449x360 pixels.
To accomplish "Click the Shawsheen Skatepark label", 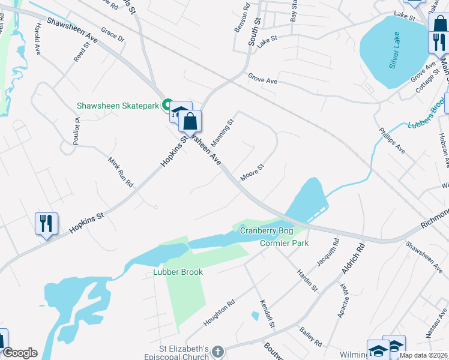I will pos(118,106).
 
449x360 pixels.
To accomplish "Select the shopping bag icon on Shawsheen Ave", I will pos(190,122).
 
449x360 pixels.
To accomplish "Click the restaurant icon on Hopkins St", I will pos(46,224).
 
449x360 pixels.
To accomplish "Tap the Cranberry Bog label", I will pos(266,230).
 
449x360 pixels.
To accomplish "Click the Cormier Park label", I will pos(284,243).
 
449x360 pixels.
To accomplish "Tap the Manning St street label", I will pos(223,131).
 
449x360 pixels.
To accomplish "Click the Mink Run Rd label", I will pos(120,172).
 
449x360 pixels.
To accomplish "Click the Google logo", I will pos(20,353).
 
